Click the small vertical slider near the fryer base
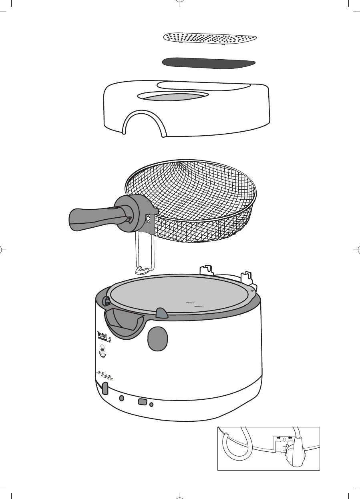coord(105,389)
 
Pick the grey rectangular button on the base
coord(142,402)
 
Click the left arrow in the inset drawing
coord(277,438)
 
